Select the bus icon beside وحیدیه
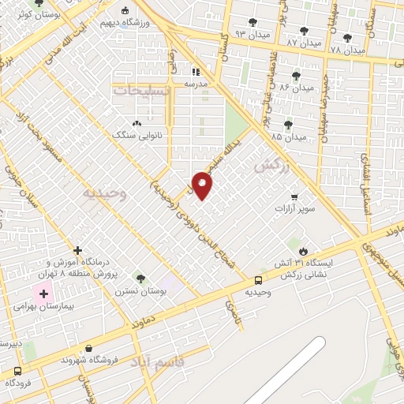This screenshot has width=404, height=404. pyautogui.click(x=259, y=280)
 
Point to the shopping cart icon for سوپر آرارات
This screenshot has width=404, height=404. pyautogui.click(x=294, y=196)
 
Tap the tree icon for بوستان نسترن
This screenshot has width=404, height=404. pyautogui.click(x=140, y=278)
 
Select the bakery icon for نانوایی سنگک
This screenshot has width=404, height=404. pyautogui.click(x=137, y=123)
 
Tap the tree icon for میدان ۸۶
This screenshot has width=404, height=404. pyautogui.click(x=296, y=76)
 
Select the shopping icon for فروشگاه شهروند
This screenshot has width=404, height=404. pyautogui.click(x=88, y=348)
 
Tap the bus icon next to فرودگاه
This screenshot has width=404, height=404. pyautogui.click(x=18, y=371)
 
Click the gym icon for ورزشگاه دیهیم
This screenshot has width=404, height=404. pyautogui.click(x=125, y=11)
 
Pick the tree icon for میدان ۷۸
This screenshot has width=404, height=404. pyautogui.click(x=347, y=38)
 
